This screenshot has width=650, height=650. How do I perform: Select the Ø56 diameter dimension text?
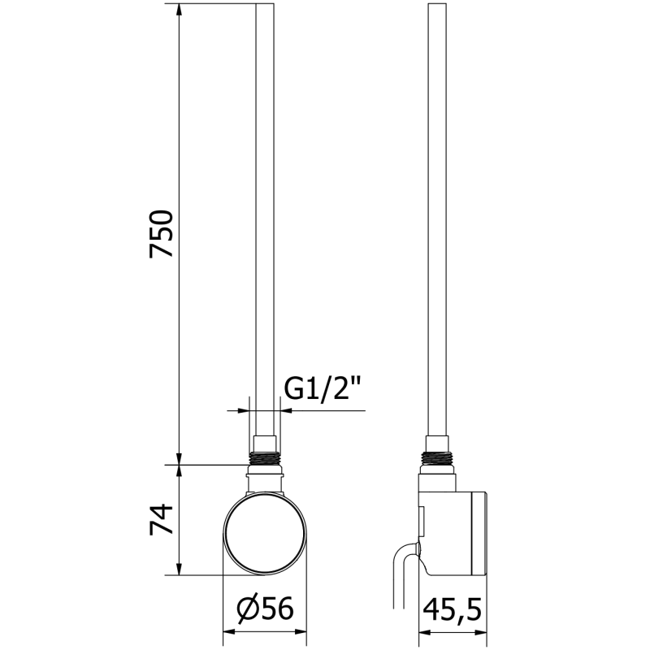coord(265,608)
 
